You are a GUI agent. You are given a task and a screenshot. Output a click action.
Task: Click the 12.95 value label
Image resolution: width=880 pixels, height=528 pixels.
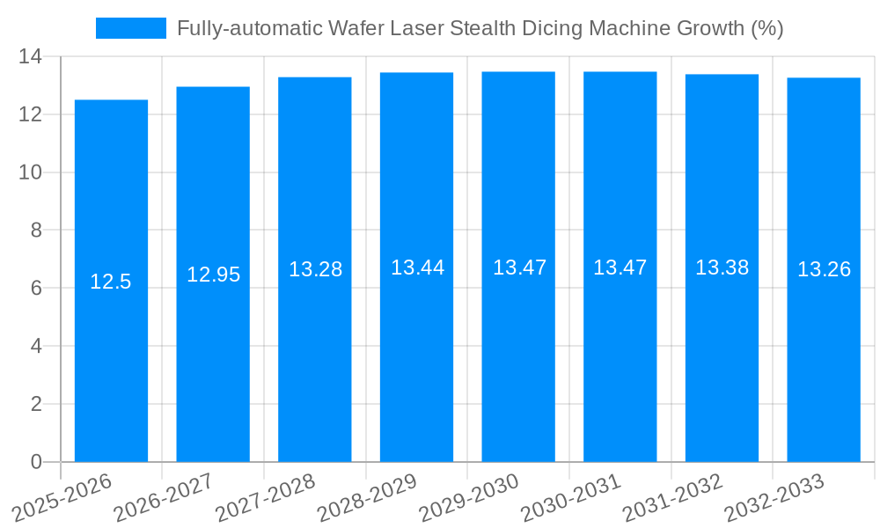pos(213,275)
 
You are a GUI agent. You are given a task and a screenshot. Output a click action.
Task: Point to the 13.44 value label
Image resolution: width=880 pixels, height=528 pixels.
pos(417,268)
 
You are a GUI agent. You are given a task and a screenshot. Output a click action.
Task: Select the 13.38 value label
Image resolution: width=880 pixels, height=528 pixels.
pos(722,268)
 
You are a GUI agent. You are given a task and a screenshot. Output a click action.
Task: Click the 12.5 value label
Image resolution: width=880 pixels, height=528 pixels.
pos(111,282)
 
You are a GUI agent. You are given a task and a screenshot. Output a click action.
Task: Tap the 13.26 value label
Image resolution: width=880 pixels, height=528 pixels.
pos(824,269)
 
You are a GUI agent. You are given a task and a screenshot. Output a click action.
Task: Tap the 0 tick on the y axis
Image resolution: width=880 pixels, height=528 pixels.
pos(36,462)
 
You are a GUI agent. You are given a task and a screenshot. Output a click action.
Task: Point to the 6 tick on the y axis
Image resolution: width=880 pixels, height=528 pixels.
pos(36,288)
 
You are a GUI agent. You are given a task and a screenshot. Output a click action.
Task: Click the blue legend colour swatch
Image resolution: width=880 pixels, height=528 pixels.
pos(130,28)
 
